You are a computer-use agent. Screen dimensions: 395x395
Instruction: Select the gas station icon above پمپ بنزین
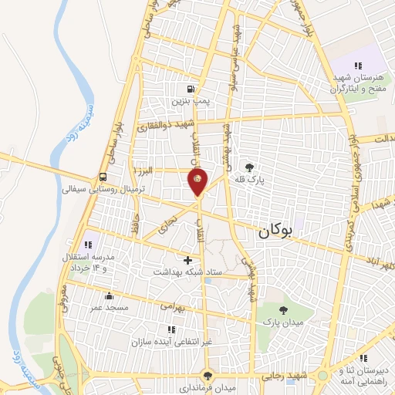pyautogui.click(x=190, y=89)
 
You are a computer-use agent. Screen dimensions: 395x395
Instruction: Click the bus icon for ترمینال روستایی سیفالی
pyautogui.click(x=103, y=175)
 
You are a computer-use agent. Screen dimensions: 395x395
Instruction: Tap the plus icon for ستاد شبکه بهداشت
pyautogui.click(x=187, y=260)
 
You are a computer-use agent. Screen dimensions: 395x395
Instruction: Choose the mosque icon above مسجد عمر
pyautogui.click(x=109, y=295)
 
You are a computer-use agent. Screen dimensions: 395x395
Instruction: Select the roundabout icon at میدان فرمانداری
pyautogui.click(x=206, y=374)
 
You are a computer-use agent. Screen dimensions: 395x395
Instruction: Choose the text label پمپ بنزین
pyautogui.click(x=190, y=101)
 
